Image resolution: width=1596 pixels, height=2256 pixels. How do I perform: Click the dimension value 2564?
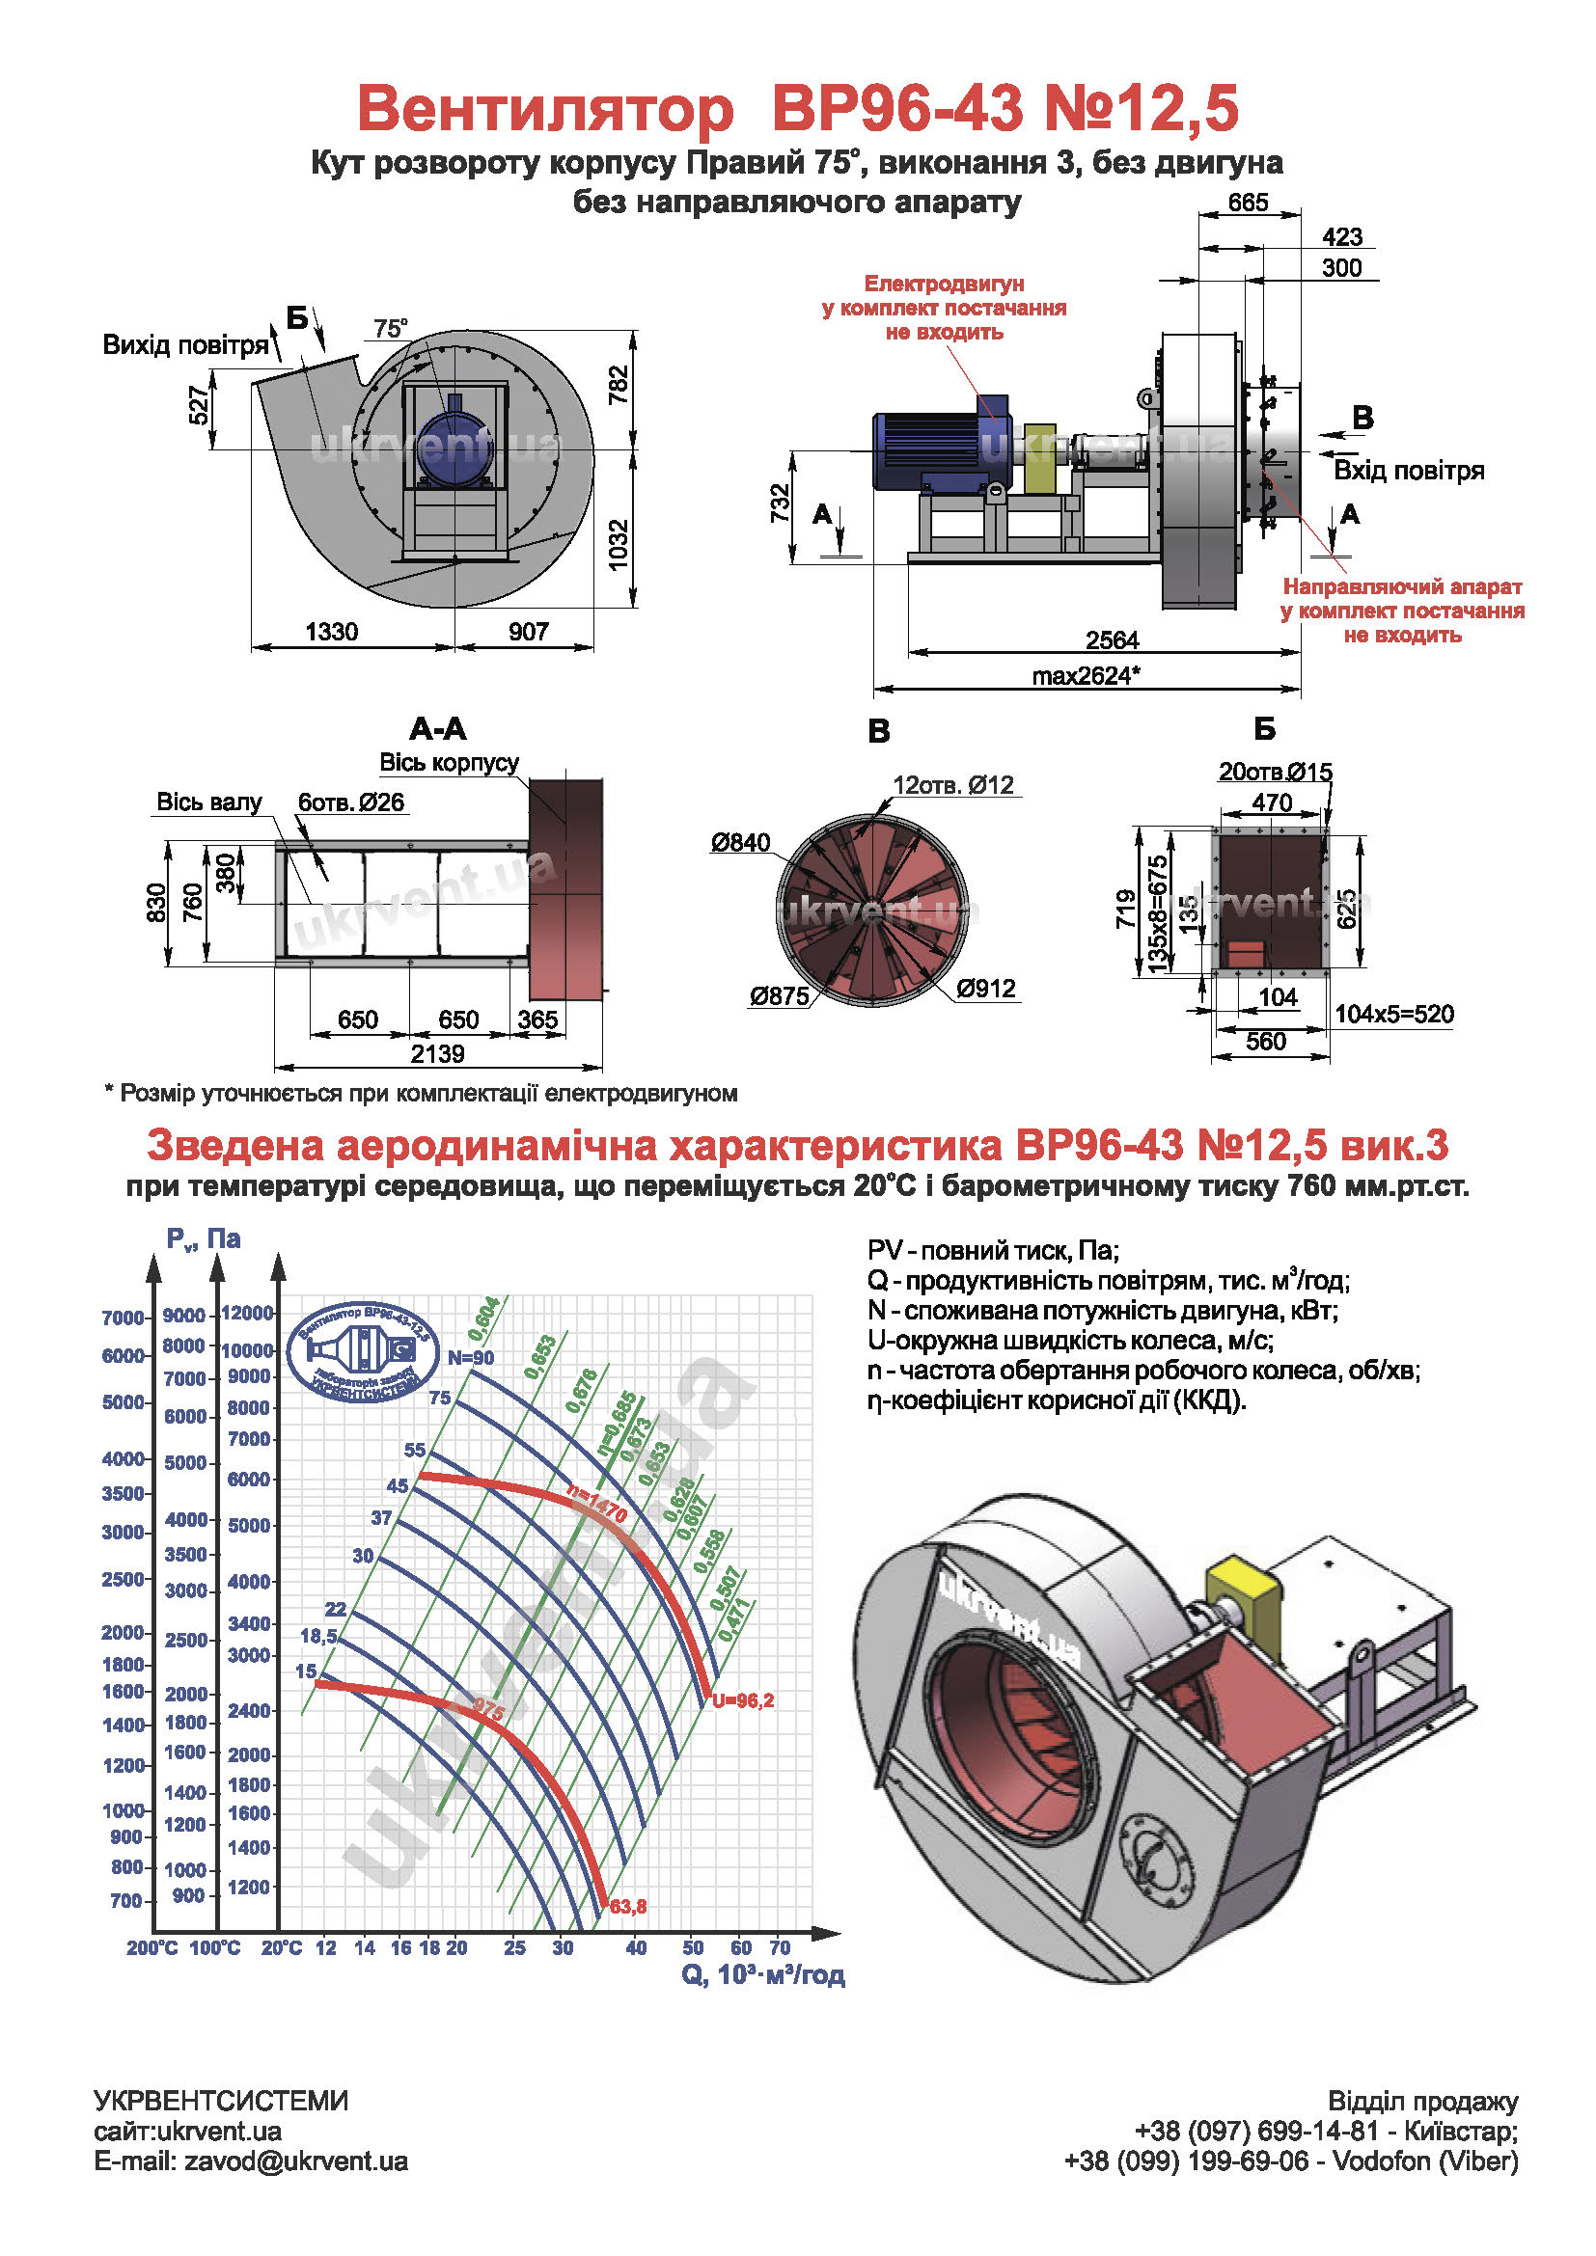click(x=1112, y=640)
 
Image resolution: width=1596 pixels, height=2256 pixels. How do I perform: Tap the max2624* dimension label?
click(x=1085, y=676)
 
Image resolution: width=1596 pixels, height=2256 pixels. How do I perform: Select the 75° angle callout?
click(x=390, y=328)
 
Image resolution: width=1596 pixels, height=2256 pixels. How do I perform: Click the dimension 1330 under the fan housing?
click(x=331, y=632)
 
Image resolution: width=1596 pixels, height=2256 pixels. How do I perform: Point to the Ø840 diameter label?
click(x=741, y=843)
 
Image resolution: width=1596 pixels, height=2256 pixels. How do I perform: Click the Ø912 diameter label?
click(x=986, y=989)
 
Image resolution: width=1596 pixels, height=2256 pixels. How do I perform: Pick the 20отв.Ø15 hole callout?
click(x=1275, y=773)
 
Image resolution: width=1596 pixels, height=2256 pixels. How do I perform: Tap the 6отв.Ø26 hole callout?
click(x=351, y=802)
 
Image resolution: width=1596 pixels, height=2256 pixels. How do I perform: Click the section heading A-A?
click(x=437, y=729)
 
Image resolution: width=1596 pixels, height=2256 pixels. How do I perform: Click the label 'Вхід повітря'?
click(x=1408, y=471)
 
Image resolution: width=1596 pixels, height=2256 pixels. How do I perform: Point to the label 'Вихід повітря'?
click(x=185, y=345)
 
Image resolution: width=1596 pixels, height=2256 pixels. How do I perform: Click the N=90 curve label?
click(x=471, y=1358)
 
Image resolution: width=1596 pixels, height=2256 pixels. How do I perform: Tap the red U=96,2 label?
click(x=743, y=1700)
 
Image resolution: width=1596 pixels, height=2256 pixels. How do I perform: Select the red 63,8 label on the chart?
click(x=628, y=1907)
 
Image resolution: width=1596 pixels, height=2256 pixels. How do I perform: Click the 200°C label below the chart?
click(x=151, y=1947)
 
